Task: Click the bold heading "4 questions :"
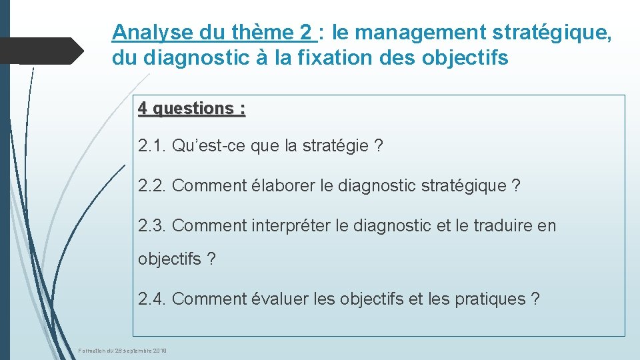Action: (x=192, y=108)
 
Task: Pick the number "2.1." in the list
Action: (x=153, y=146)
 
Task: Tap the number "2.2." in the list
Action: (x=153, y=186)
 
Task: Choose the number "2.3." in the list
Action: (x=153, y=226)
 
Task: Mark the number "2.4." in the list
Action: (x=153, y=299)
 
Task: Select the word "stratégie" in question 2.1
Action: (x=336, y=146)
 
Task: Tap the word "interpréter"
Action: (x=291, y=226)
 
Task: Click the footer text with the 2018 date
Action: (x=123, y=351)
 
